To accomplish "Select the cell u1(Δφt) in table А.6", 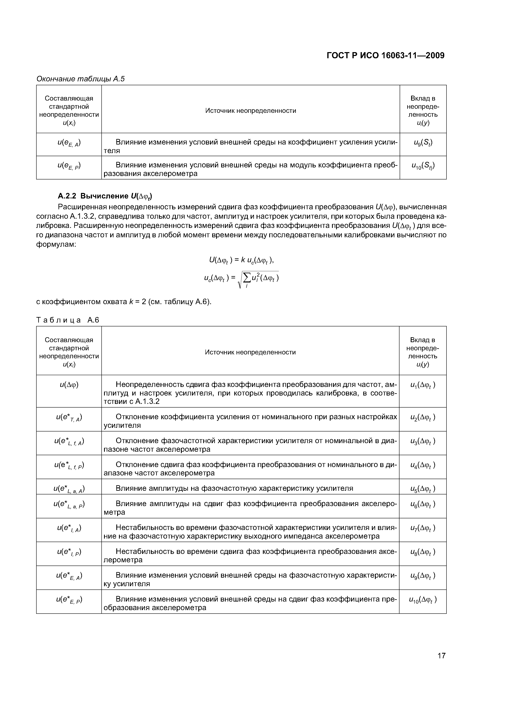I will click(422, 385).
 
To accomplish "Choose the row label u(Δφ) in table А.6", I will click(69, 385).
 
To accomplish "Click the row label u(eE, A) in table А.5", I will click(69, 143).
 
